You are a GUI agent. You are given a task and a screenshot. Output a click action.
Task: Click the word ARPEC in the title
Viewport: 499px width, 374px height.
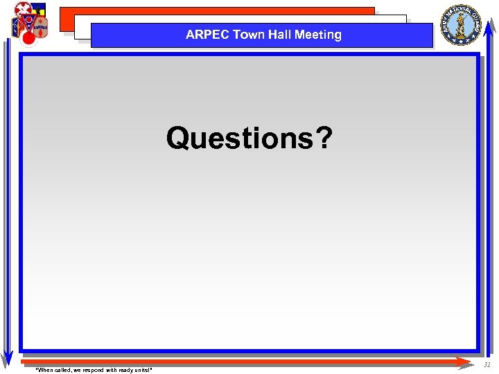coord(207,35)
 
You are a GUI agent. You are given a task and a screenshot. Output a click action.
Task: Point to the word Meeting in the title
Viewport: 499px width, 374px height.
coord(319,35)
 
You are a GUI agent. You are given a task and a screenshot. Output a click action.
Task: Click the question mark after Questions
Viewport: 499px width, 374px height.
coord(324,138)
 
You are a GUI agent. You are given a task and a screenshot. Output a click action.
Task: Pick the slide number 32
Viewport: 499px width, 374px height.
coord(487,365)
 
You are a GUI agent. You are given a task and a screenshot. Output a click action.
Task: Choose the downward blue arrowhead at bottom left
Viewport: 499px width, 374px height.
coord(7,358)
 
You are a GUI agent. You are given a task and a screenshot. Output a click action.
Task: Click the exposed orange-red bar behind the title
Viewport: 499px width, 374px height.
coord(208,11)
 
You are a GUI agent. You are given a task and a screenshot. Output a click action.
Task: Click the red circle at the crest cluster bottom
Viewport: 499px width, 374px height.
coord(28,39)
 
